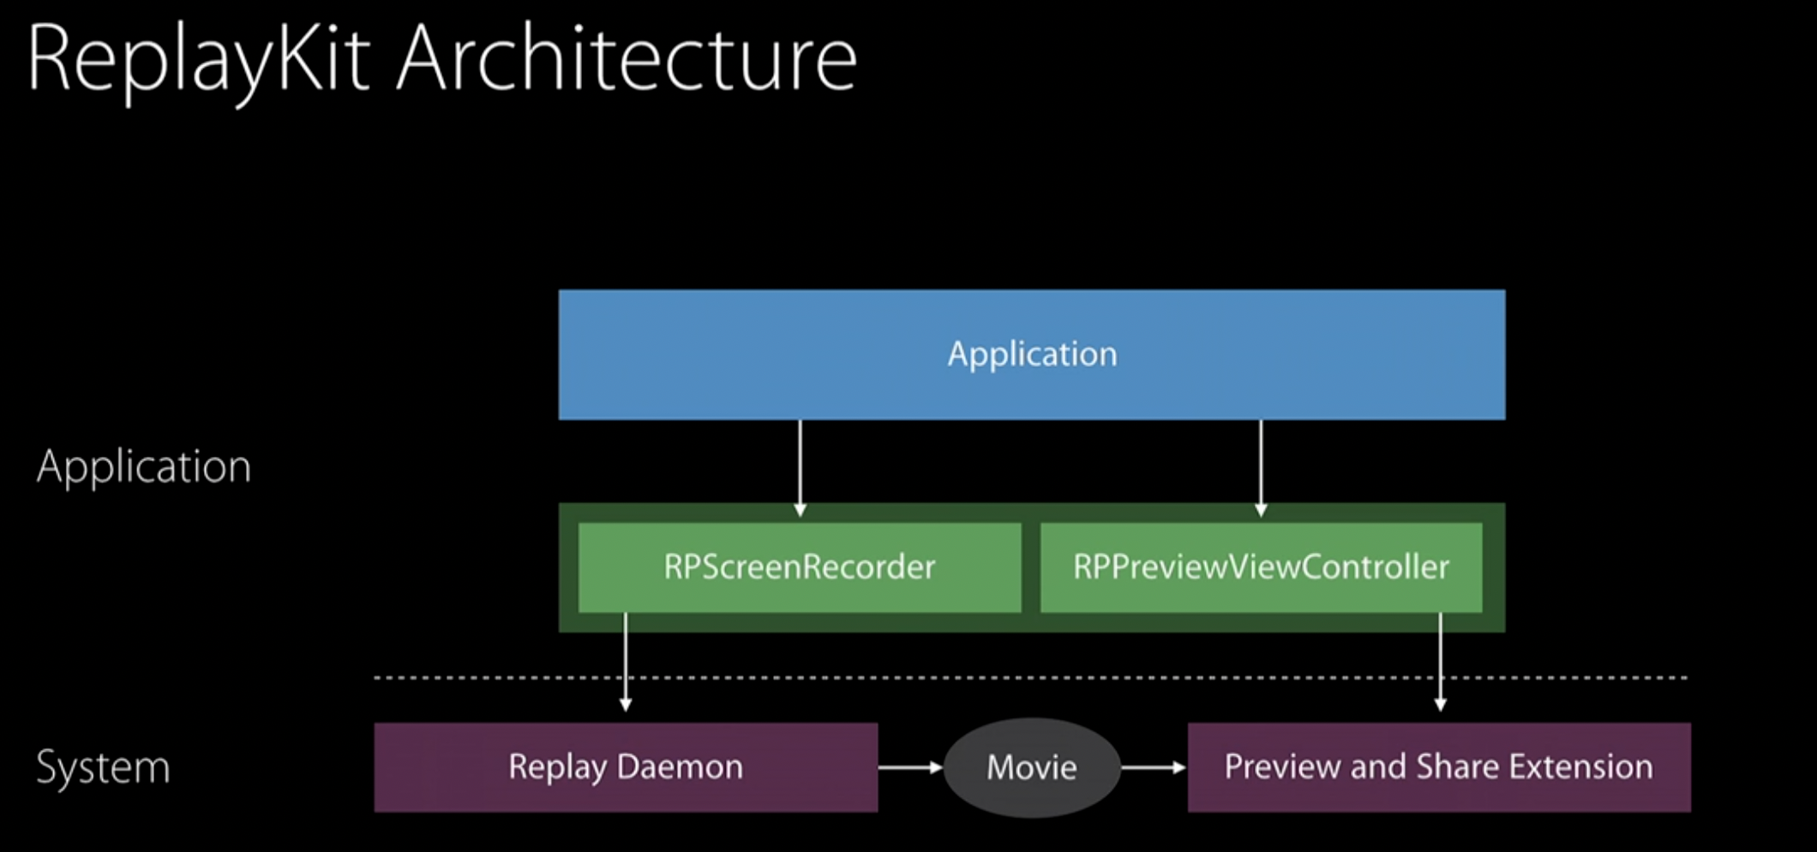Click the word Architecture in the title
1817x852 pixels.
[x=627, y=58]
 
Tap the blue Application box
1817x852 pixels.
[x=1032, y=355]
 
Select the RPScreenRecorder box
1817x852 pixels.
[x=800, y=567]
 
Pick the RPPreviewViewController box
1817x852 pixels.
[x=1262, y=567]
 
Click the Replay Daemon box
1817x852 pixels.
[x=626, y=767]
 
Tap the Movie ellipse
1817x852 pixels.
[x=1032, y=767]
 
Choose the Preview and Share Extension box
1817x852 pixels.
[x=1439, y=767]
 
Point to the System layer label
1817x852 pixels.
[x=103, y=767]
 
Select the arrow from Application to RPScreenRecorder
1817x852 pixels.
[x=800, y=468]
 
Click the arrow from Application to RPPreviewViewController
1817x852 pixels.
[x=1261, y=468]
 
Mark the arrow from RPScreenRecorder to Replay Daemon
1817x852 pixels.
[x=626, y=662]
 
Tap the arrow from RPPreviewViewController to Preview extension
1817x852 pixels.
[x=1440, y=662]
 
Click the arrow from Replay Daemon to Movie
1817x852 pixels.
[x=910, y=767]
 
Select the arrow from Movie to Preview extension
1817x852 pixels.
[x=1154, y=767]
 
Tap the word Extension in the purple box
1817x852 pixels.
[x=1580, y=766]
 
